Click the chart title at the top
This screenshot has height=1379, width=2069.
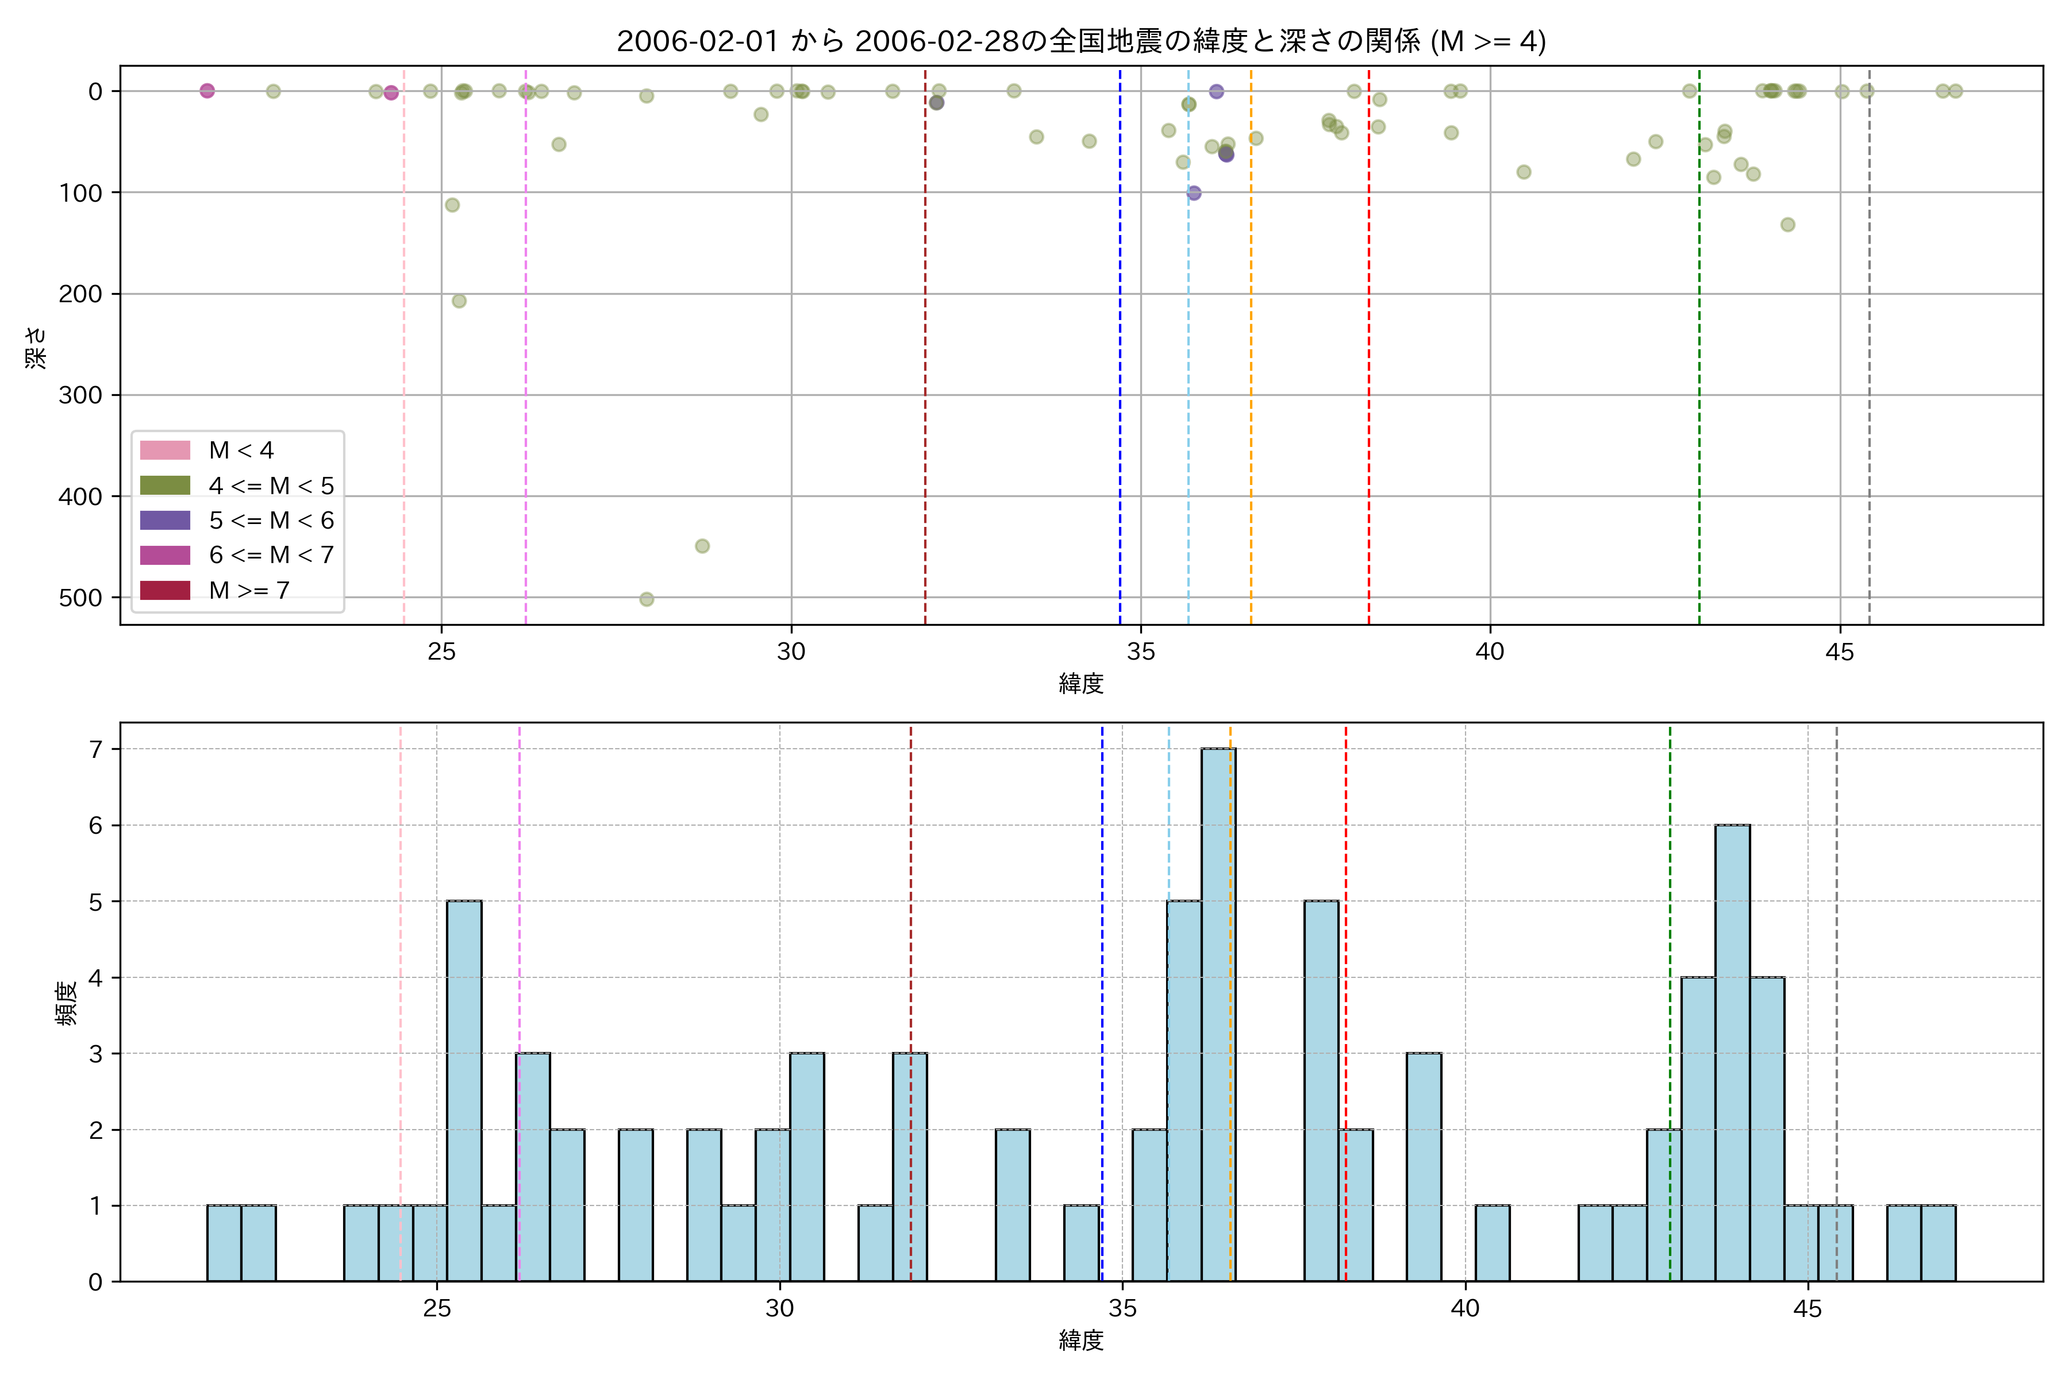(x=1081, y=41)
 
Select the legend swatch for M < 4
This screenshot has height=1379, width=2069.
(x=166, y=450)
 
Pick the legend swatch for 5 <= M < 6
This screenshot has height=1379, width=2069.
(x=166, y=520)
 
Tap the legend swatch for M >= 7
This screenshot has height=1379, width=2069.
(x=166, y=590)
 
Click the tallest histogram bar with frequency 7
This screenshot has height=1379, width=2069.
(x=1218, y=1011)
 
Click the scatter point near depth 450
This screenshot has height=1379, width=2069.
(x=702, y=546)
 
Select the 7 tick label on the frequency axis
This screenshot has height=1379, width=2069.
(x=95, y=749)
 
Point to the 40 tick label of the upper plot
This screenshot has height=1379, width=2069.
(x=1490, y=652)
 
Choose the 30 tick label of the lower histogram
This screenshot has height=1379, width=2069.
(x=779, y=1309)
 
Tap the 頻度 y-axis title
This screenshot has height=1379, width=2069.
(x=67, y=1003)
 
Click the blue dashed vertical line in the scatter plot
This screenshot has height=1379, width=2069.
(x=1120, y=352)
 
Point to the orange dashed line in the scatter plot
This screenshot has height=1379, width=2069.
(x=1251, y=352)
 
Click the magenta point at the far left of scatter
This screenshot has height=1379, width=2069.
(x=207, y=91)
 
